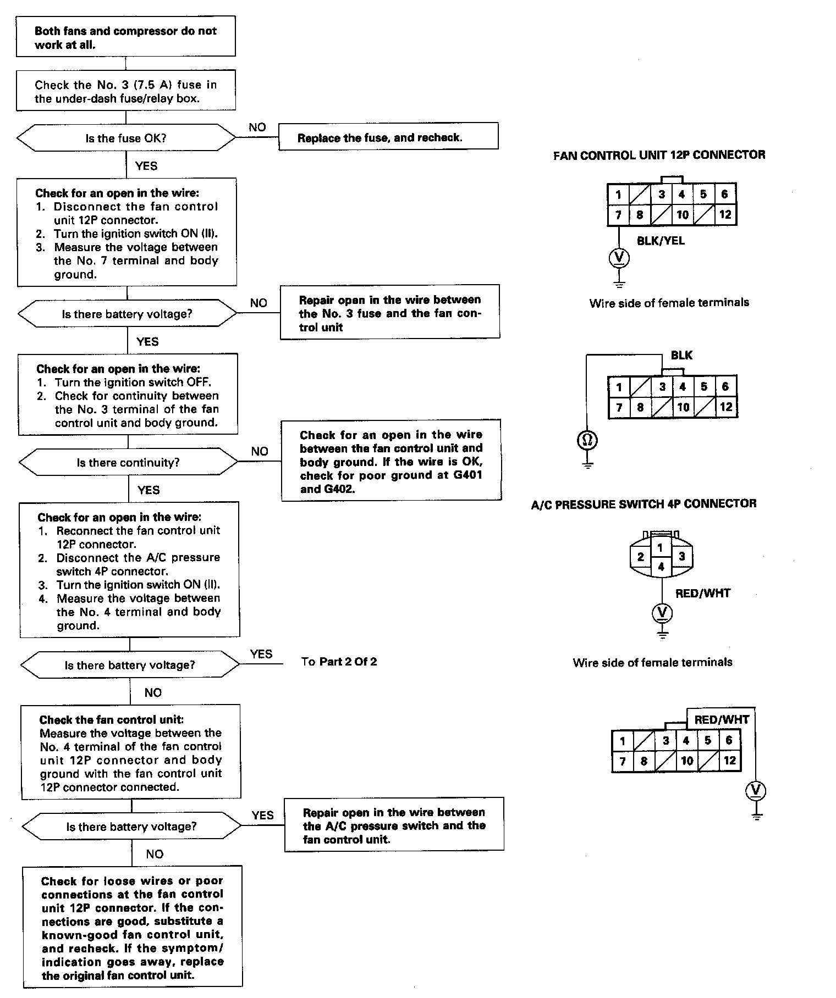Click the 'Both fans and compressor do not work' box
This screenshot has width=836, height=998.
click(x=125, y=37)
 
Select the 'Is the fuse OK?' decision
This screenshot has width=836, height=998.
click(x=125, y=138)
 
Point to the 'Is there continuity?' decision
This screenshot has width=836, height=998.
click(x=128, y=463)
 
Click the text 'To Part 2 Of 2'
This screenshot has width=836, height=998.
click(x=339, y=662)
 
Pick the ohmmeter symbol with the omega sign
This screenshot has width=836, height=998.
click(x=587, y=440)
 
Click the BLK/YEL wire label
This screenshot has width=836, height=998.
click(x=661, y=241)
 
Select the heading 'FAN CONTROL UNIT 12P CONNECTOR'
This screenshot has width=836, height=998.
click(x=659, y=155)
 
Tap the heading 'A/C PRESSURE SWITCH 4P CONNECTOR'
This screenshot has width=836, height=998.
click(x=643, y=504)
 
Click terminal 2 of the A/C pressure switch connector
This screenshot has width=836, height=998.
click(x=640, y=557)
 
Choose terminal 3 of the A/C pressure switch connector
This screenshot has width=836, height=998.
click(x=681, y=556)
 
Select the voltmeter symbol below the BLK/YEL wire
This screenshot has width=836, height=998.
click(x=619, y=257)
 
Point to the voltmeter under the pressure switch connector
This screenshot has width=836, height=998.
click(x=662, y=612)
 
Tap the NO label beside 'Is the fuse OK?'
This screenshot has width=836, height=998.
click(x=257, y=127)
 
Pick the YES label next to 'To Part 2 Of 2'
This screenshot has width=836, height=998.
click(x=261, y=654)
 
